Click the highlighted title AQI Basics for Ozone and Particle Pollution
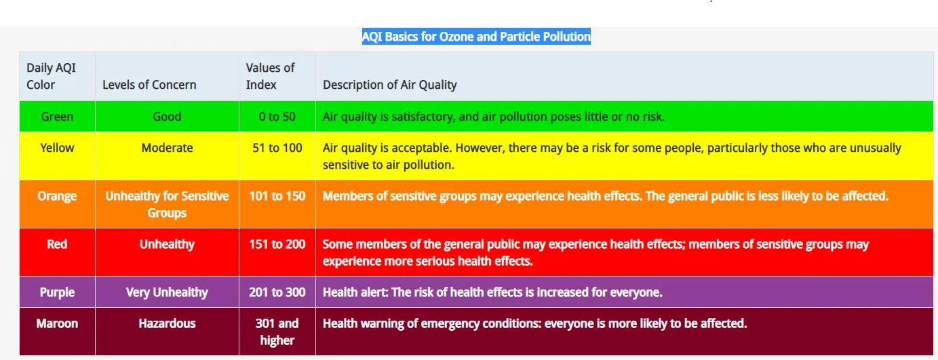click(x=476, y=37)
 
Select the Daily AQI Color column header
click(x=51, y=76)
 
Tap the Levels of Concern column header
click(x=149, y=85)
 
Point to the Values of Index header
click(x=270, y=76)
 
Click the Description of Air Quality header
click(x=389, y=85)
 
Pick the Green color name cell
click(x=58, y=117)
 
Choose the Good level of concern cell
click(x=167, y=117)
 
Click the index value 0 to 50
click(x=277, y=117)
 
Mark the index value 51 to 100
click(x=277, y=148)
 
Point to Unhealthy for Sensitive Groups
click(x=167, y=204)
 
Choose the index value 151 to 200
click(x=277, y=244)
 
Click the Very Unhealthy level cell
click(x=167, y=292)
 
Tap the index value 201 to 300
click(x=277, y=292)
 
